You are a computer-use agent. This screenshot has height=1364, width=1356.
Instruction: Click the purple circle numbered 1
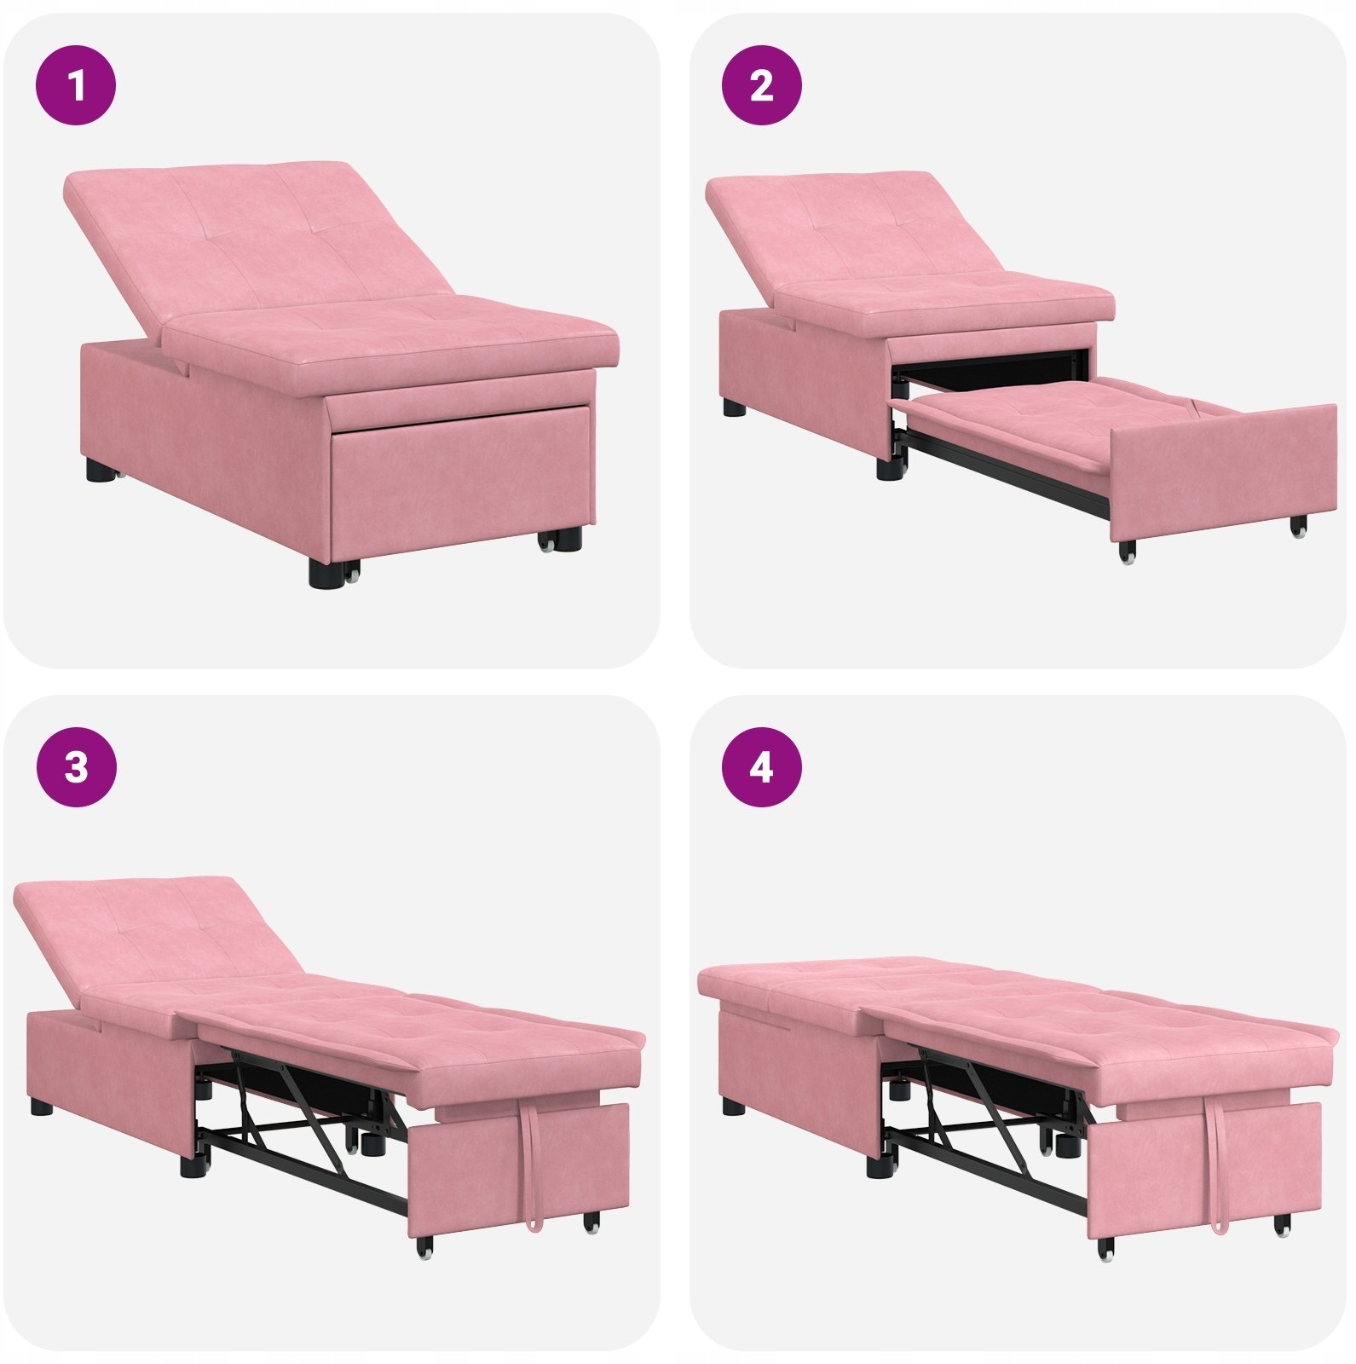click(x=76, y=85)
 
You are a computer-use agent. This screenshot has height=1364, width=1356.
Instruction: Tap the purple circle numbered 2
click(x=762, y=85)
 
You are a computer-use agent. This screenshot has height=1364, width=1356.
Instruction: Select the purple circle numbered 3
click(x=76, y=767)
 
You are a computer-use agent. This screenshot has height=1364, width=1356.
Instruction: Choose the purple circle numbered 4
click(x=762, y=767)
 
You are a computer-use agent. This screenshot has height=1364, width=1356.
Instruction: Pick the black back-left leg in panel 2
click(x=733, y=407)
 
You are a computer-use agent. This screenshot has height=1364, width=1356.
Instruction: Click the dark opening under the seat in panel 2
click(x=993, y=368)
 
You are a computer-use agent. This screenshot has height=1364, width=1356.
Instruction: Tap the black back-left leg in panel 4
click(x=733, y=1107)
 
